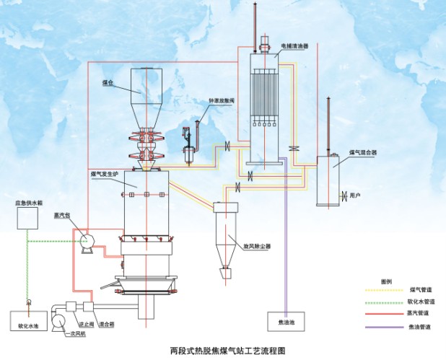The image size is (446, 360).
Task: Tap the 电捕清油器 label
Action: click(x=294, y=45)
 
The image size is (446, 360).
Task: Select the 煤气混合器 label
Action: click(x=362, y=153)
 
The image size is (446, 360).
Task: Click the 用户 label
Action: click(x=354, y=196)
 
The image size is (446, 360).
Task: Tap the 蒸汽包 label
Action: click(x=61, y=214)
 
